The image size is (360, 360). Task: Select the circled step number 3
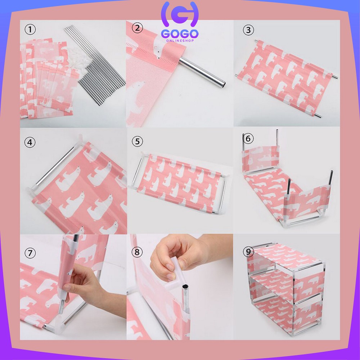pos(248,30)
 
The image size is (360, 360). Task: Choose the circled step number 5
pos(137,141)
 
